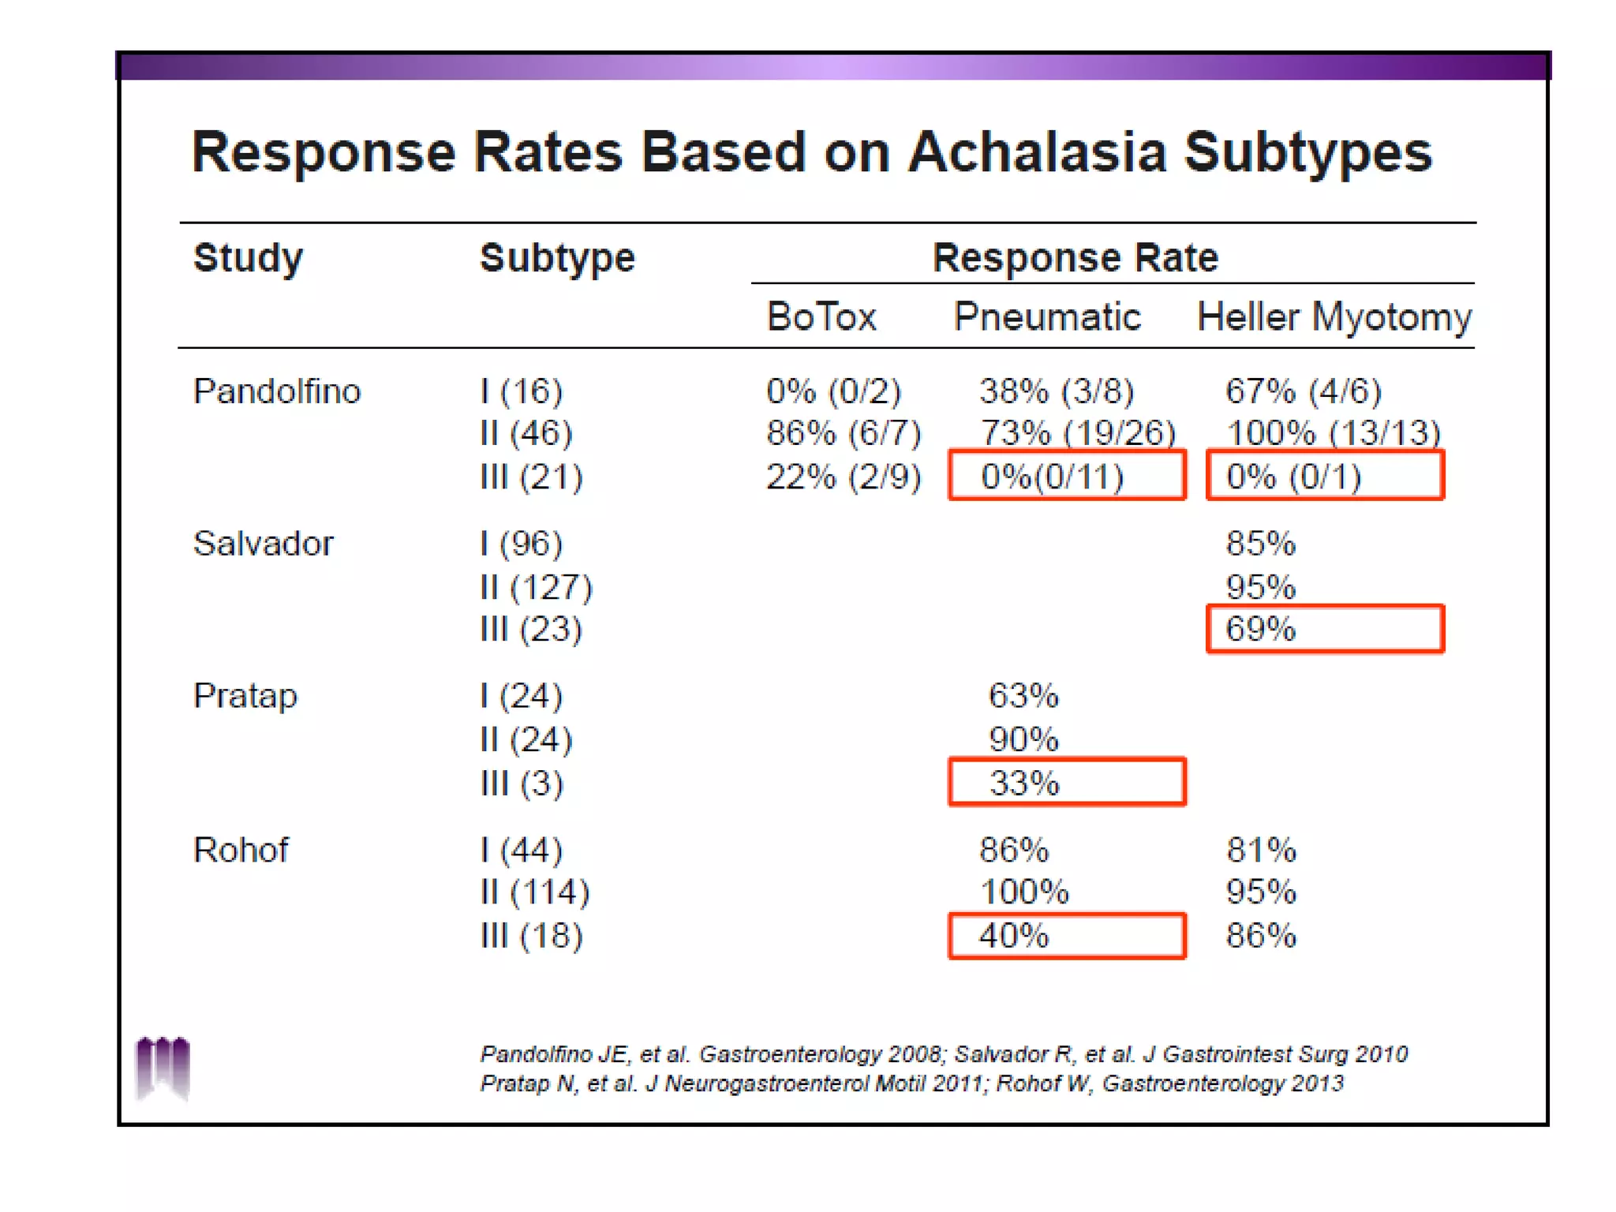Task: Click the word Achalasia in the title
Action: tap(1036, 151)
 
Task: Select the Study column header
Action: tap(248, 258)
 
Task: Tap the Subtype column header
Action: tap(557, 258)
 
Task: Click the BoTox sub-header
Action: tap(821, 317)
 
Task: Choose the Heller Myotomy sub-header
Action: tap(1334, 317)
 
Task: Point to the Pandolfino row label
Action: tap(277, 391)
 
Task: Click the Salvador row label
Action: tap(264, 544)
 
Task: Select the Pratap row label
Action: tap(245, 696)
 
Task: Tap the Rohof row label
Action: tap(241, 850)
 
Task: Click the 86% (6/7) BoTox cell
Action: tap(844, 433)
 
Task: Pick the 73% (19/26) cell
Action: tap(1078, 433)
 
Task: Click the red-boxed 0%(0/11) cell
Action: tap(1053, 477)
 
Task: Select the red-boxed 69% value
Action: tap(1260, 629)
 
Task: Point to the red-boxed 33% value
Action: tap(1024, 783)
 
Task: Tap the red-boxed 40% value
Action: tap(1014, 936)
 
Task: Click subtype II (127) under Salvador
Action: tap(536, 587)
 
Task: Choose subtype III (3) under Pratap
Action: tap(522, 784)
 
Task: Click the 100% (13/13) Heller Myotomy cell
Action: tap(1334, 433)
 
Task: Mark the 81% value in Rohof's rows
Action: tap(1261, 850)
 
